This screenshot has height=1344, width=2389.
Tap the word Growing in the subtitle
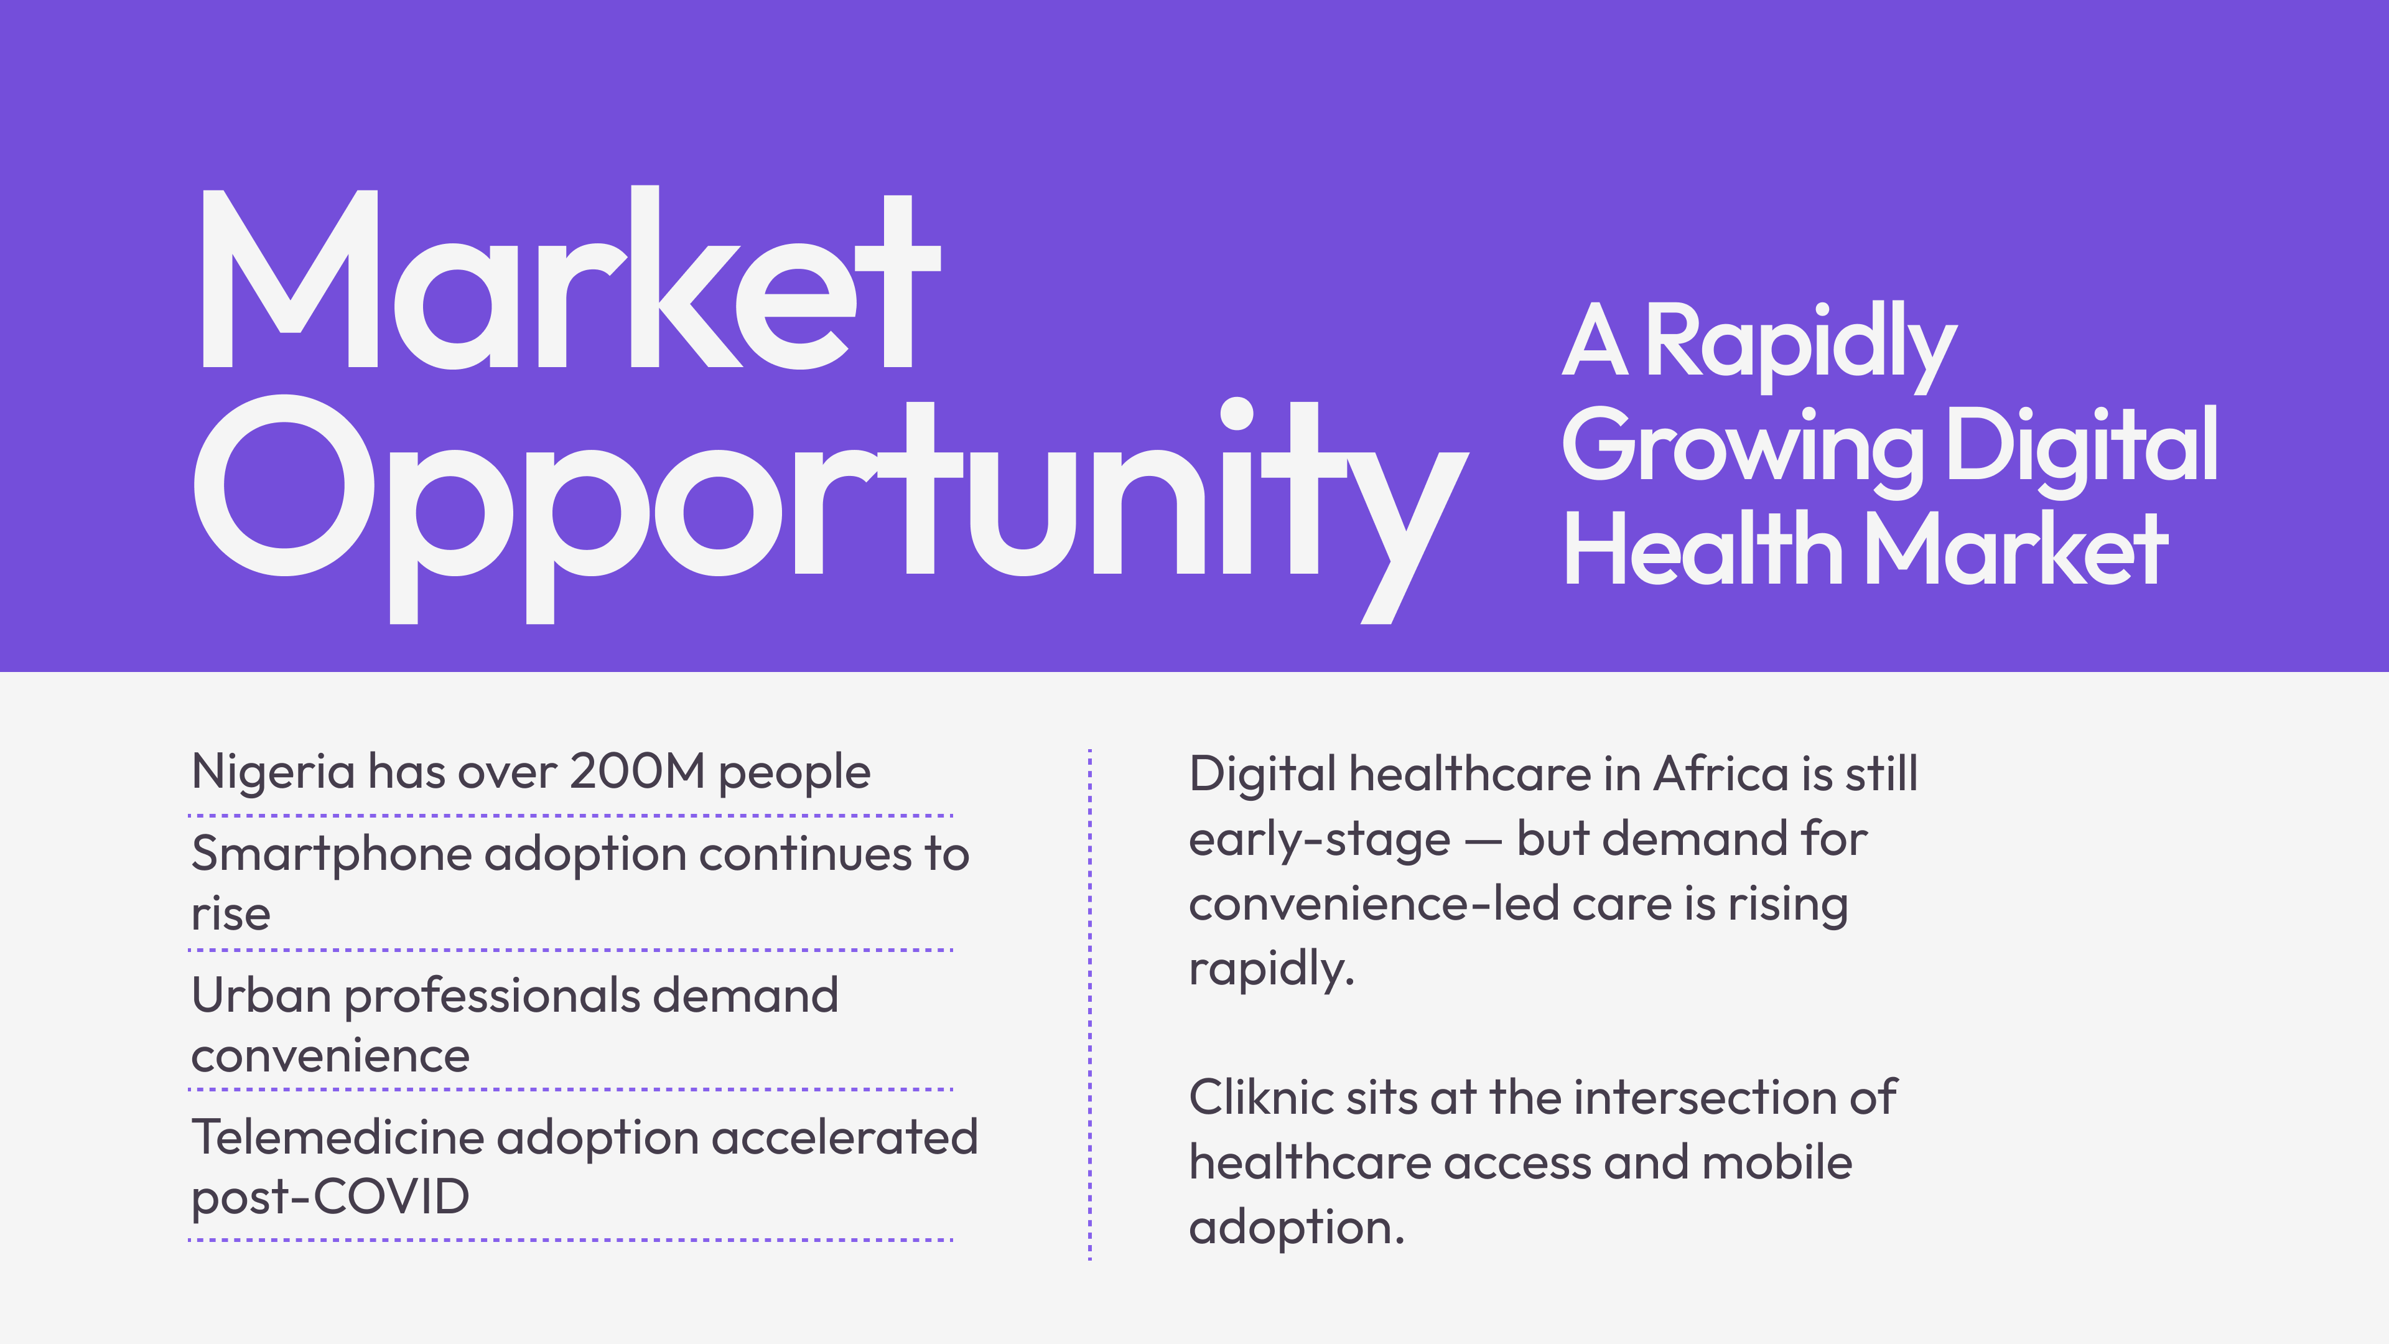[x=1743, y=450]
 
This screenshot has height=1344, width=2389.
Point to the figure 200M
[x=637, y=771]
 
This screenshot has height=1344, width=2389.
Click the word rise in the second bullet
[x=231, y=913]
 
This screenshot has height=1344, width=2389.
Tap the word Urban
[x=261, y=996]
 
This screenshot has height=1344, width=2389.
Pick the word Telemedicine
[x=338, y=1137]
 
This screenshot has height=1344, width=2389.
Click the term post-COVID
[x=330, y=1197]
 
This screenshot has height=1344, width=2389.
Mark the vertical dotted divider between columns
[x=1090, y=1004]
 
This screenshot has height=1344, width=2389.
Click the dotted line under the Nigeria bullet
[x=570, y=815]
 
